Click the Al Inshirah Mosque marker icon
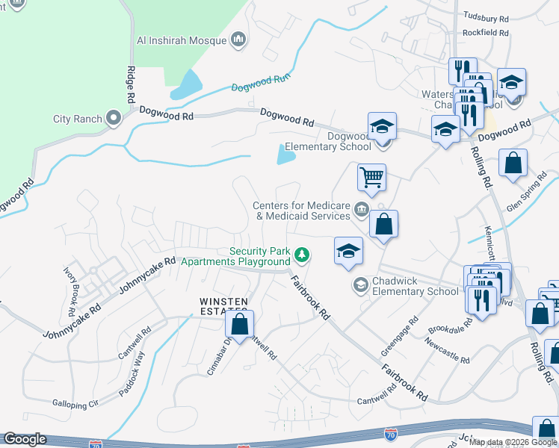pos(239,39)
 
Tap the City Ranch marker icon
pos(114,117)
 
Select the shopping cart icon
pos(371,178)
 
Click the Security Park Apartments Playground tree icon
pos(302,255)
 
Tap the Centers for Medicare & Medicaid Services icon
pos(362,208)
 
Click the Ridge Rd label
pos(131,84)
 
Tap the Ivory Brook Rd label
pos(74,276)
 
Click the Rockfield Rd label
pos(485,33)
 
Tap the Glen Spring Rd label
pos(528,196)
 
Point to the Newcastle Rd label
pos(447,349)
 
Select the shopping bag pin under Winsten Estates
pos(239,326)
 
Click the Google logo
pos(24,439)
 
